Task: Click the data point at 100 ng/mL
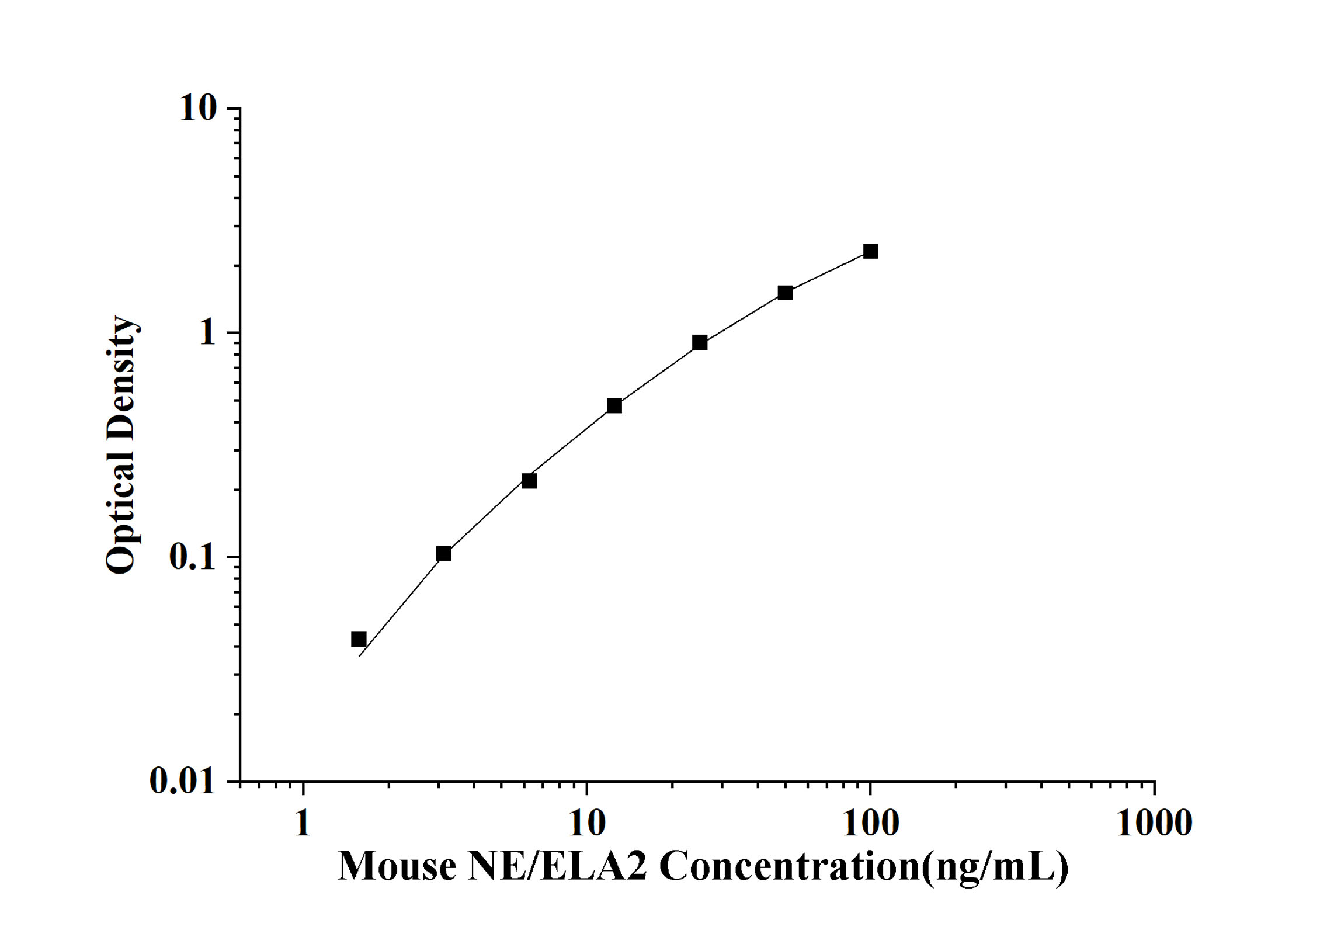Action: click(x=870, y=251)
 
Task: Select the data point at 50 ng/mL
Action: click(x=785, y=293)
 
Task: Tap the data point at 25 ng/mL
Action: click(x=700, y=342)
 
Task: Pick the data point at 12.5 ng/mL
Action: click(x=614, y=405)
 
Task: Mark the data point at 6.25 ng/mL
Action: click(x=529, y=481)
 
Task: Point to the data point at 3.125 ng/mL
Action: click(x=444, y=553)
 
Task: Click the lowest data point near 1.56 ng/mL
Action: click(x=359, y=639)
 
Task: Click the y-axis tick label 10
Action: click(x=198, y=108)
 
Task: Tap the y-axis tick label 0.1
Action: click(x=192, y=557)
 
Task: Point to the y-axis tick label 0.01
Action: click(x=182, y=780)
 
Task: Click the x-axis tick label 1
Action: click(x=303, y=824)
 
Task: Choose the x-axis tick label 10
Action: click(x=586, y=824)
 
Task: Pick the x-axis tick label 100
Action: click(x=870, y=824)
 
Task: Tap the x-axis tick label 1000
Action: click(x=1154, y=824)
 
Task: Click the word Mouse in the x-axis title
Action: click(x=397, y=866)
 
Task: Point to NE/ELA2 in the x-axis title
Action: click(x=557, y=866)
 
